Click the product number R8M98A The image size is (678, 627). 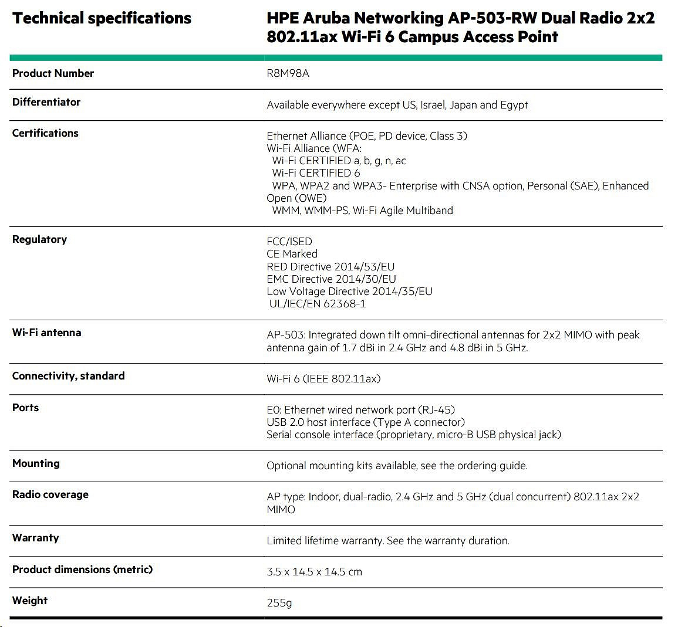point(288,74)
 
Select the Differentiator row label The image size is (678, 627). point(46,102)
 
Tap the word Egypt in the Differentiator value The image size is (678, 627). point(514,105)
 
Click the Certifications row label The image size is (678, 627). point(45,133)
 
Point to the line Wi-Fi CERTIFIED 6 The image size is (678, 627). point(316,173)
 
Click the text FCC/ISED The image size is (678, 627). point(289,242)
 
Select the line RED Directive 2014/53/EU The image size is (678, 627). point(330,267)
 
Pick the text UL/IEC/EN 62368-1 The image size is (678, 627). point(318,304)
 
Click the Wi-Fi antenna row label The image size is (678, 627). point(47,333)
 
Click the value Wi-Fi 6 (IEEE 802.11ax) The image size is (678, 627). point(323,379)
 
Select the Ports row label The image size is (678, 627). point(25,408)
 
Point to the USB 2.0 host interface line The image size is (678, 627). point(365,422)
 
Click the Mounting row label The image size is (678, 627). point(36,463)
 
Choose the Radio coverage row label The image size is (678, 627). point(50,494)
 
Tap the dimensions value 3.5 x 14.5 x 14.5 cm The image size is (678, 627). point(314,572)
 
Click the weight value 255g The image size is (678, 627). point(279,603)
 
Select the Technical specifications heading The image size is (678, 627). point(102,18)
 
